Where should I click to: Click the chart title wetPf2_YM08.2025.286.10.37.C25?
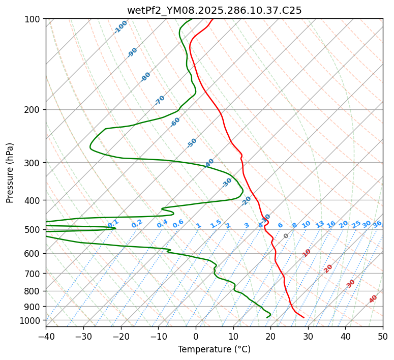[214, 10]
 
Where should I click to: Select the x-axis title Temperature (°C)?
[214, 349]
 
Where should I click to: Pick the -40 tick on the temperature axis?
[46, 336]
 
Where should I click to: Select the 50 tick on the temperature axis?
[383, 336]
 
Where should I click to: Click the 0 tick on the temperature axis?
[196, 336]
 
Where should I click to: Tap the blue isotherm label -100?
[120, 27]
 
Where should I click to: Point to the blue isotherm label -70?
[160, 100]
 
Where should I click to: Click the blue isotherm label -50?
[192, 143]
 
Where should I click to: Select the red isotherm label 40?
[373, 299]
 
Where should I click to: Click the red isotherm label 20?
[328, 268]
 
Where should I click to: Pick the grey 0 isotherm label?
[286, 236]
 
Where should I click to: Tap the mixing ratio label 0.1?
[113, 223]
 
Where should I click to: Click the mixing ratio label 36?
[377, 224]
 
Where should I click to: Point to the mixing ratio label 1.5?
[216, 223]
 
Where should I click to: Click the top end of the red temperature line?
[213, 19]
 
